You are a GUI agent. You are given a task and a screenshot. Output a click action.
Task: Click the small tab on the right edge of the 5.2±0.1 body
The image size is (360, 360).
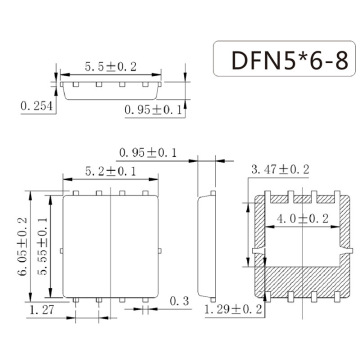pyautogui.click(x=159, y=244)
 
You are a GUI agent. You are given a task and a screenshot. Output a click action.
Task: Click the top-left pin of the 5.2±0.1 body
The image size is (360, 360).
pyautogui.click(x=72, y=192)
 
